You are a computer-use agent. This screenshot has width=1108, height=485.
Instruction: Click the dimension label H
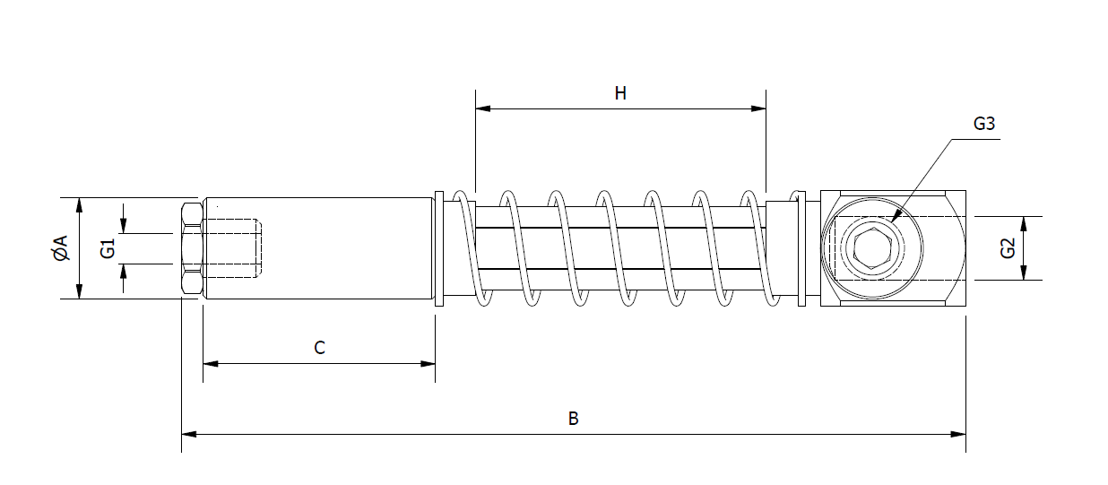620,93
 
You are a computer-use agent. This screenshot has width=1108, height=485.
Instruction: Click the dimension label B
574,419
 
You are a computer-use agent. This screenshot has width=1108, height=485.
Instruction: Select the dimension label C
319,348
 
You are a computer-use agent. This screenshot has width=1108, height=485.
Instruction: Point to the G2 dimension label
1007,248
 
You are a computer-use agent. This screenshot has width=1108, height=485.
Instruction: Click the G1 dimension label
108,248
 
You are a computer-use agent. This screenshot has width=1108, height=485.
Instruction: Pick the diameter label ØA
60,248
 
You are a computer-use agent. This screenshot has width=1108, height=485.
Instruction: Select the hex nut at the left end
191,248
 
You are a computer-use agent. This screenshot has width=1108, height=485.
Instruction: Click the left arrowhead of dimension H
482,109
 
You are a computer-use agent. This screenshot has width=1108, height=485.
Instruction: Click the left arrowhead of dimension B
188,435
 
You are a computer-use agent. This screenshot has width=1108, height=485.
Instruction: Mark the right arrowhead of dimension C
428,363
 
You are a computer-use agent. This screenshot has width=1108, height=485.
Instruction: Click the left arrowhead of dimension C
210,363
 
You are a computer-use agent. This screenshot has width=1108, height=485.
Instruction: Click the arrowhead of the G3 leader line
896,215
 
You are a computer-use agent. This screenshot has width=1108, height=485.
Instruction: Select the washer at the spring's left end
439,248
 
